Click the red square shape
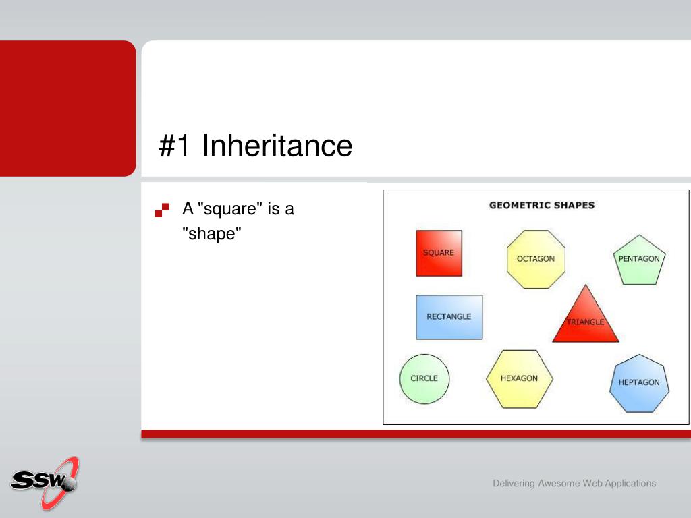click(x=439, y=254)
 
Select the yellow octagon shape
click(x=536, y=260)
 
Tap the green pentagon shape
click(x=639, y=260)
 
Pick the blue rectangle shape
click(x=449, y=317)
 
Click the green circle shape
click(x=424, y=379)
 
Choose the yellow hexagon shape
click(x=520, y=379)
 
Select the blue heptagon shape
click(x=639, y=384)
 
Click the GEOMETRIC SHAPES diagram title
click(x=542, y=205)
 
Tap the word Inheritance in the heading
click(x=277, y=146)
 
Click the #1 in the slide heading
click(x=175, y=146)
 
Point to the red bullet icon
click(x=162, y=210)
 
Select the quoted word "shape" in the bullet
click(x=212, y=233)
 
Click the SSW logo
click(x=45, y=483)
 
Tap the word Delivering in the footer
click(x=514, y=483)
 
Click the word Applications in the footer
click(x=630, y=483)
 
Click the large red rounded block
click(x=68, y=109)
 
